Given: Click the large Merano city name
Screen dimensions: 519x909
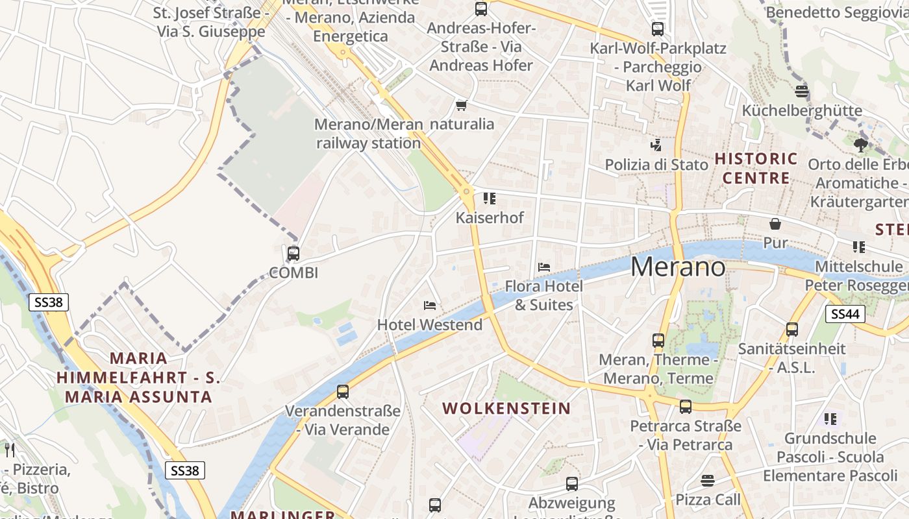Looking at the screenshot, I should pyautogui.click(x=678, y=267).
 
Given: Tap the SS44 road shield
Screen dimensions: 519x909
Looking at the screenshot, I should pyautogui.click(x=845, y=314).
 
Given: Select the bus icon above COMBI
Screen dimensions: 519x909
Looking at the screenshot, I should pyautogui.click(x=293, y=253).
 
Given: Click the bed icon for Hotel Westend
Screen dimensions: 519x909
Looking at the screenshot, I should pyautogui.click(x=429, y=305).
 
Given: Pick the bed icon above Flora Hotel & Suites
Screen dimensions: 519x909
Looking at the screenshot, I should pyautogui.click(x=544, y=267).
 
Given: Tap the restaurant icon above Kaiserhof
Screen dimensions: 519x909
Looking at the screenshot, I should pyautogui.click(x=490, y=198).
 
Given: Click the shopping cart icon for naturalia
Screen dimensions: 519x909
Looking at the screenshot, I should pyautogui.click(x=462, y=105).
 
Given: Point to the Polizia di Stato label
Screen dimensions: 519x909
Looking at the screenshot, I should pyautogui.click(x=656, y=165).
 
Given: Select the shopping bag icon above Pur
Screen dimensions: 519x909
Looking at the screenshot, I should pyautogui.click(x=775, y=224).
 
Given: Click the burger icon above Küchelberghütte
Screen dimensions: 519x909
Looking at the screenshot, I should pyautogui.click(x=802, y=91).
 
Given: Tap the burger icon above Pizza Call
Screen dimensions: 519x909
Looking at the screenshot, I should pyautogui.click(x=708, y=481).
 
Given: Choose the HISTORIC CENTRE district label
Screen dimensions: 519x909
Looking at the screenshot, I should pyautogui.click(x=756, y=168).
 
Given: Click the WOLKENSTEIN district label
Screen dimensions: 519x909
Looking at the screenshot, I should pyautogui.click(x=506, y=408).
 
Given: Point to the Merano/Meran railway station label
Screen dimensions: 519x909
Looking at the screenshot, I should pyautogui.click(x=368, y=134).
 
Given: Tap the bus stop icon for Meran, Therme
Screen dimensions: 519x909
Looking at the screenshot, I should pyautogui.click(x=658, y=340).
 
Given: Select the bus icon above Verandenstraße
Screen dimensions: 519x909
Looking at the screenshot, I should pyautogui.click(x=343, y=392).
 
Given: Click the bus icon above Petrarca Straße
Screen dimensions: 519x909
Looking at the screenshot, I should pyautogui.click(x=686, y=407).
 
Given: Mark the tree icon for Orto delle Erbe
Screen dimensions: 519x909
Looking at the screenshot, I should pyautogui.click(x=861, y=145).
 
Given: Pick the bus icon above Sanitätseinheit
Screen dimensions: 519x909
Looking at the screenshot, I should pyautogui.click(x=792, y=329).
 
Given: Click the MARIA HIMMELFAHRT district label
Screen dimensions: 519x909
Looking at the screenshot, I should pyautogui.click(x=138, y=377).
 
